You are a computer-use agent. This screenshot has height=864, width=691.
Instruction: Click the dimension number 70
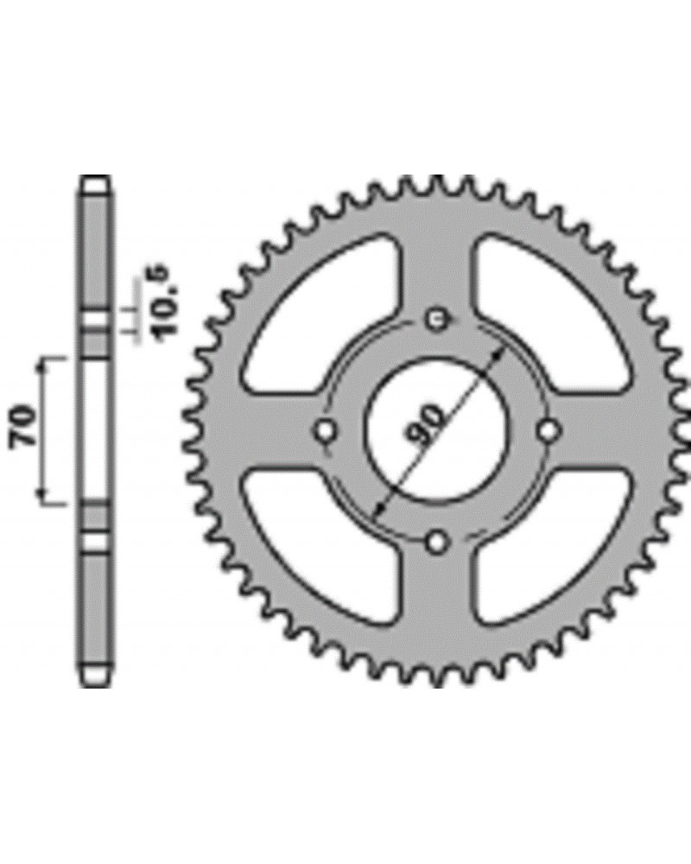23,425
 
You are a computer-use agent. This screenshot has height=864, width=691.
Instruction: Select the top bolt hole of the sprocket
438,319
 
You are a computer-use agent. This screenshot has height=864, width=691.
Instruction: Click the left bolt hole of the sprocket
326,429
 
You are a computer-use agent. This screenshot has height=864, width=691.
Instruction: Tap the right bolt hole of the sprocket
548,431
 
